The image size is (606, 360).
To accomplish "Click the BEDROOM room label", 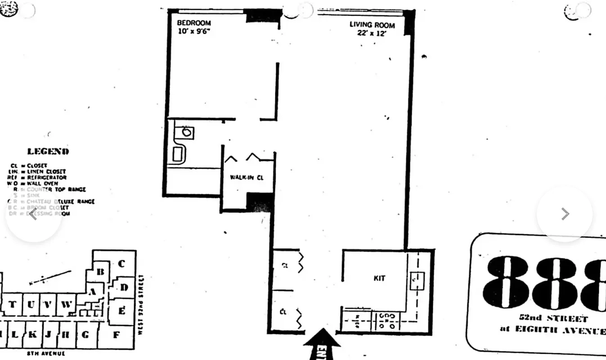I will (x=193, y=23).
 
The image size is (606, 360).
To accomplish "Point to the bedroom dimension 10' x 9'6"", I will (x=193, y=32).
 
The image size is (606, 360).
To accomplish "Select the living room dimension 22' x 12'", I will (x=372, y=33).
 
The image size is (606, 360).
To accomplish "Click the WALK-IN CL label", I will (x=247, y=177).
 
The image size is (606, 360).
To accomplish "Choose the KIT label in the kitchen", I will (x=379, y=278).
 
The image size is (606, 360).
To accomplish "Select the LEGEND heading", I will (x=48, y=152).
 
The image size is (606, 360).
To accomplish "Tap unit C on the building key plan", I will (x=121, y=264).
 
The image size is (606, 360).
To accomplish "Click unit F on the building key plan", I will (x=116, y=334).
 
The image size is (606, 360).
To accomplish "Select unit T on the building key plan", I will (x=12, y=305).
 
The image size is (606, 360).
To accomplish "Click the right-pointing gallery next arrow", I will (x=565, y=214).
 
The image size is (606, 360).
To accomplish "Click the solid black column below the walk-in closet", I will (x=260, y=202).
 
